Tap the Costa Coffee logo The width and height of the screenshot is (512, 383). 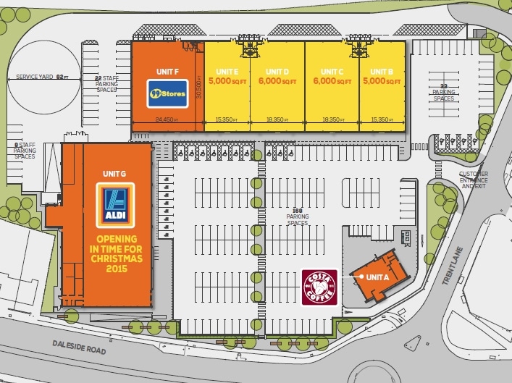click(x=318, y=286)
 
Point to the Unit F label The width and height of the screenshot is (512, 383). click(x=168, y=71)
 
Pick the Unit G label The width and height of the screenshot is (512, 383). click(x=114, y=174)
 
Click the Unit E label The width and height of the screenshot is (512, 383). click(x=227, y=71)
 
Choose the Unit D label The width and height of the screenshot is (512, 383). click(x=277, y=71)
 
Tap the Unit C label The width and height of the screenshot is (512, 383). click(x=330, y=71)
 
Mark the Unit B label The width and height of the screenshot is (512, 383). click(x=381, y=71)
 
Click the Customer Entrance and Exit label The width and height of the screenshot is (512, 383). click(x=474, y=180)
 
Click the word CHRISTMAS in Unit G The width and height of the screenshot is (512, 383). click(x=114, y=258)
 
